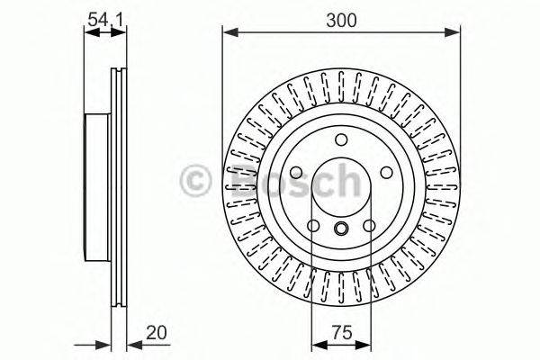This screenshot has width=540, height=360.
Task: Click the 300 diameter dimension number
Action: [x=341, y=21]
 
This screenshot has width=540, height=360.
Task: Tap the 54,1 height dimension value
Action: [x=105, y=19]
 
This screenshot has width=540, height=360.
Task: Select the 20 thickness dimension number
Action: [x=157, y=333]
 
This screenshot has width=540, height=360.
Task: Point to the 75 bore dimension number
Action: [x=342, y=333]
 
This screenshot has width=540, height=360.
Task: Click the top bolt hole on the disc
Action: [x=341, y=139]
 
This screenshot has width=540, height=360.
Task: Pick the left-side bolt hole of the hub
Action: [x=296, y=172]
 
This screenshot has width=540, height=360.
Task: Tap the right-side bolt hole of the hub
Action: [x=386, y=172]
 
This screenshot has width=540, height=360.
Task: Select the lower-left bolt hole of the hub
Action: [x=313, y=226]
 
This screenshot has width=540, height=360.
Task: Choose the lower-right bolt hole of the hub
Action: [x=369, y=226]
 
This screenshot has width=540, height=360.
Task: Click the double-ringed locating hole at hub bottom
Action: [x=341, y=228]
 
